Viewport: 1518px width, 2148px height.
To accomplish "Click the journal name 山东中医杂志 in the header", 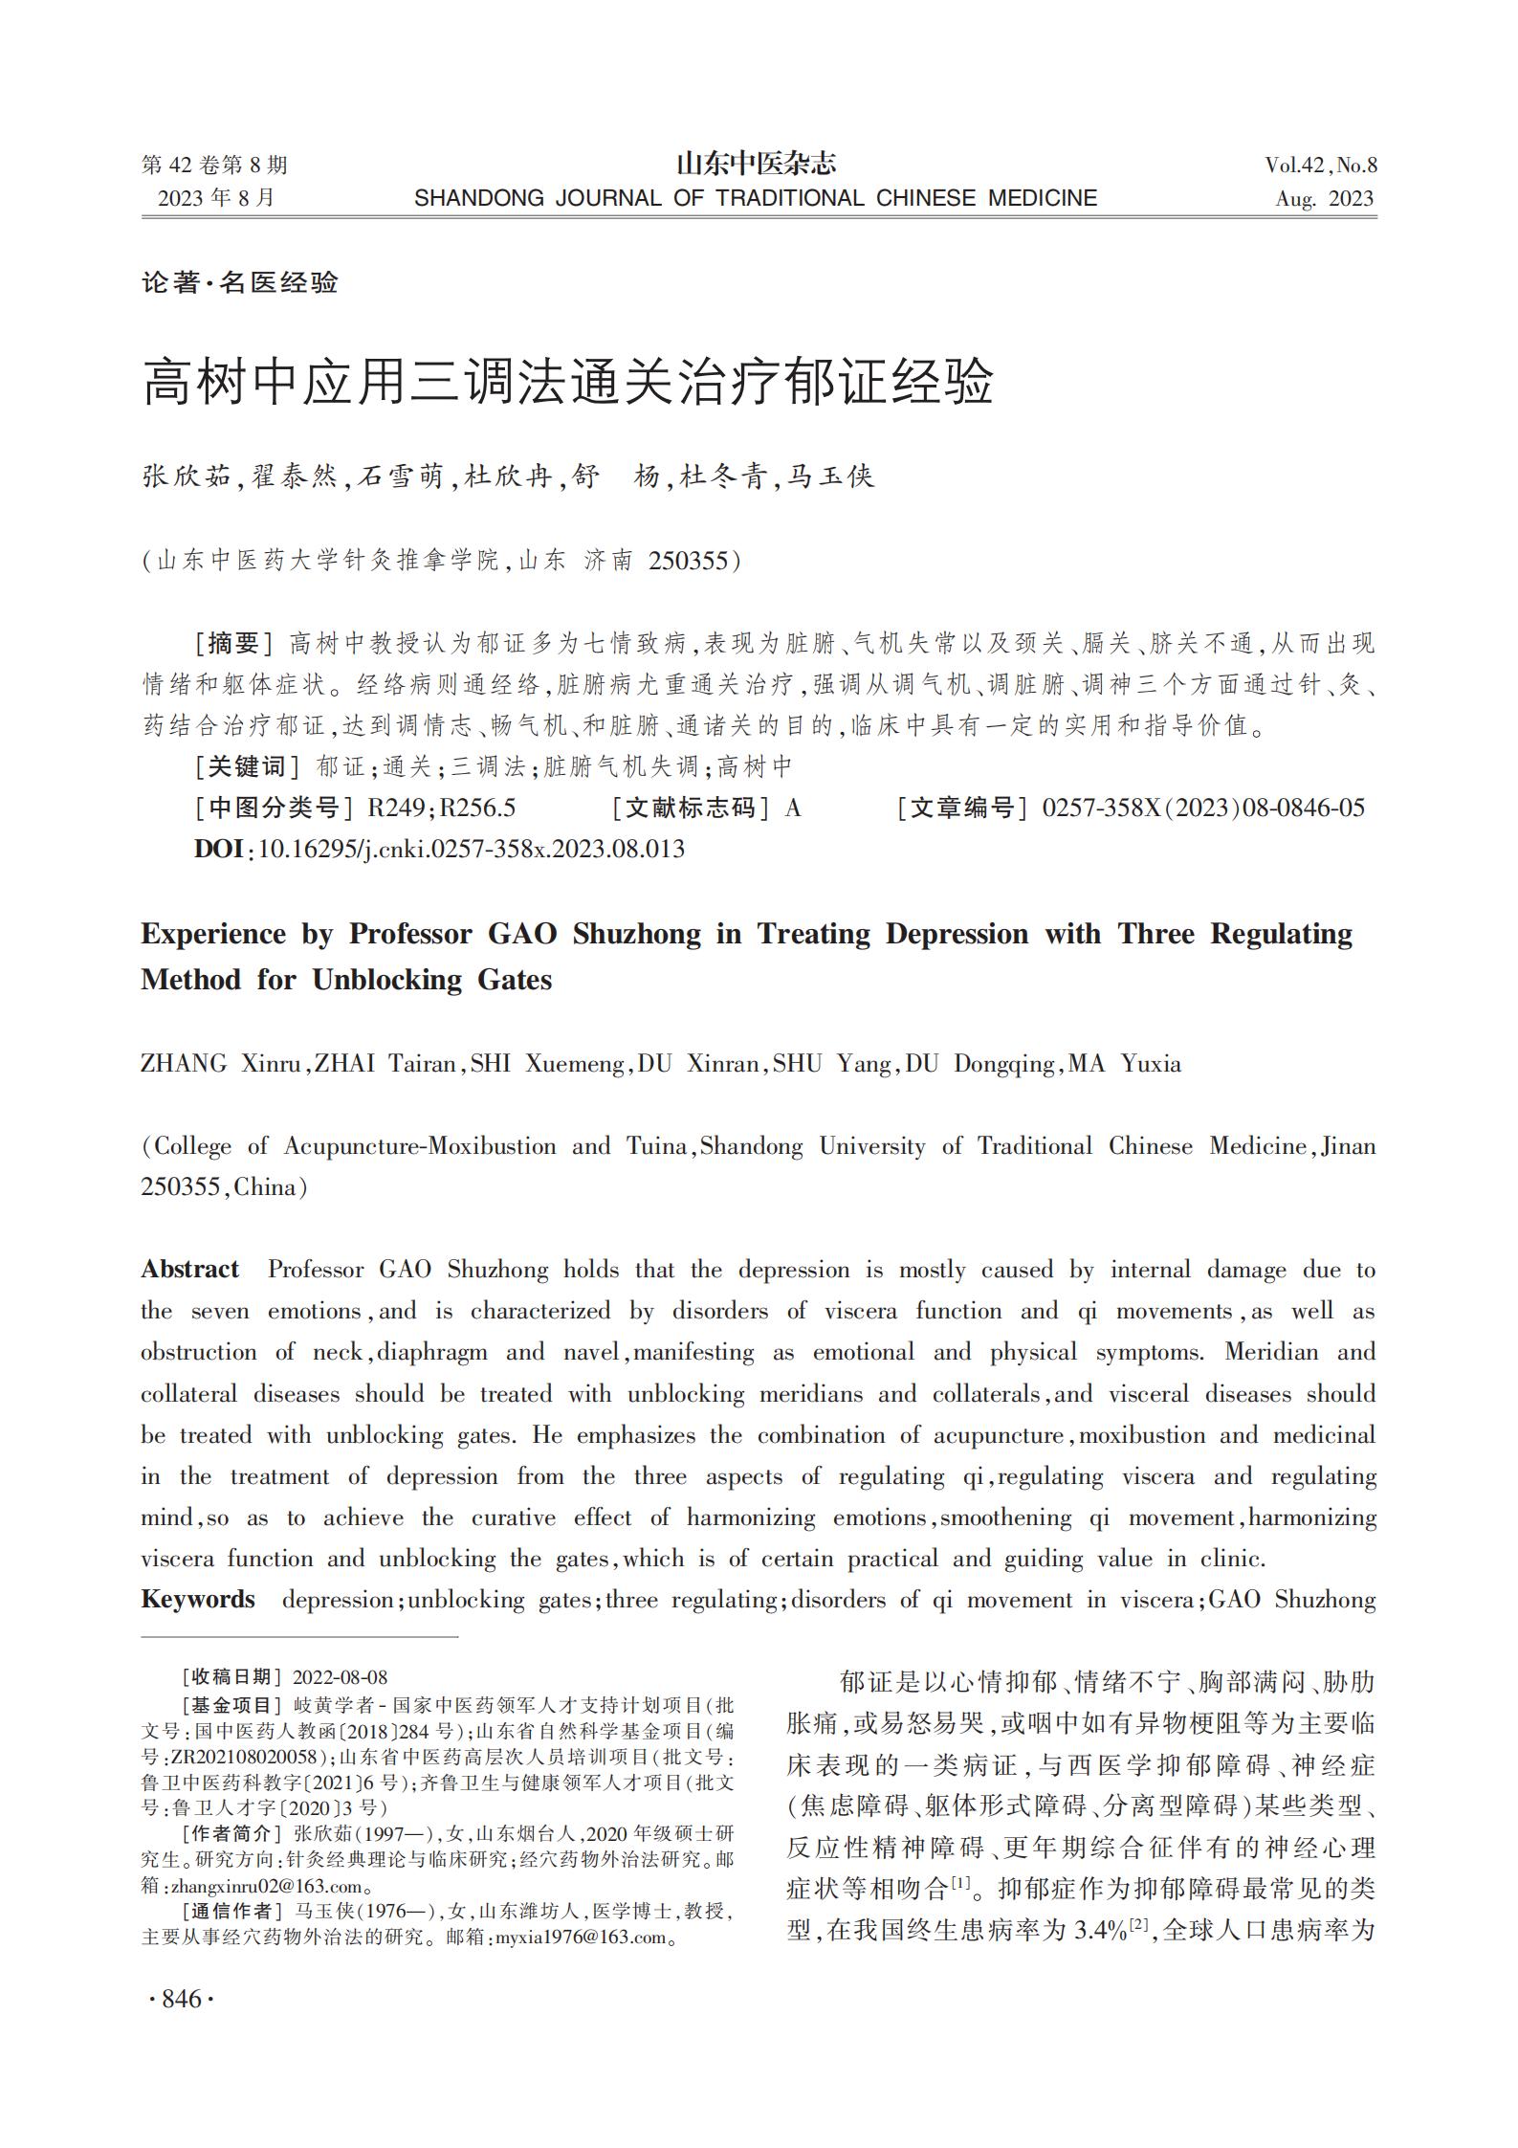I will (756, 165).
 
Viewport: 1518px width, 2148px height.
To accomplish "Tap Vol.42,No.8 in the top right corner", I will (1320, 166).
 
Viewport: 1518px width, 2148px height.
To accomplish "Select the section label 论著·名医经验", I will (240, 282).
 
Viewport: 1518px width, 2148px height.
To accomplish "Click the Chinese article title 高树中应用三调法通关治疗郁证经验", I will (568, 383).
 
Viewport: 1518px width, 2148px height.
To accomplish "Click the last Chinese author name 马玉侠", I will (829, 476).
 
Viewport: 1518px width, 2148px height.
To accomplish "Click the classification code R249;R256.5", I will (442, 808).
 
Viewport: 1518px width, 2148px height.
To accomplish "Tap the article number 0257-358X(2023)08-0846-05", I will (1203, 808).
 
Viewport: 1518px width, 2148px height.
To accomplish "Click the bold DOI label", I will (218, 849).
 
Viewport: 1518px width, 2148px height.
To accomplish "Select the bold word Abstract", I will (189, 1270).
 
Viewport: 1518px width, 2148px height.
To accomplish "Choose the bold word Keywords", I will (198, 1600).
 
